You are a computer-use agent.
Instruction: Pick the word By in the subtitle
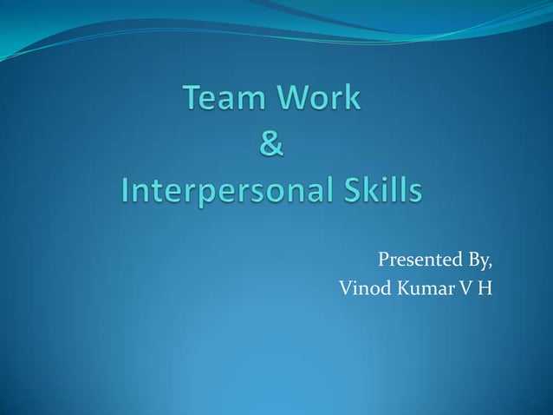(478, 260)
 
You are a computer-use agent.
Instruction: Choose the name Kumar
(429, 287)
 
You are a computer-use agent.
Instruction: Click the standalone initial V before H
(466, 287)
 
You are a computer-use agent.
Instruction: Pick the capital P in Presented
(384, 260)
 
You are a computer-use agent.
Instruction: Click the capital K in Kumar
(406, 287)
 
